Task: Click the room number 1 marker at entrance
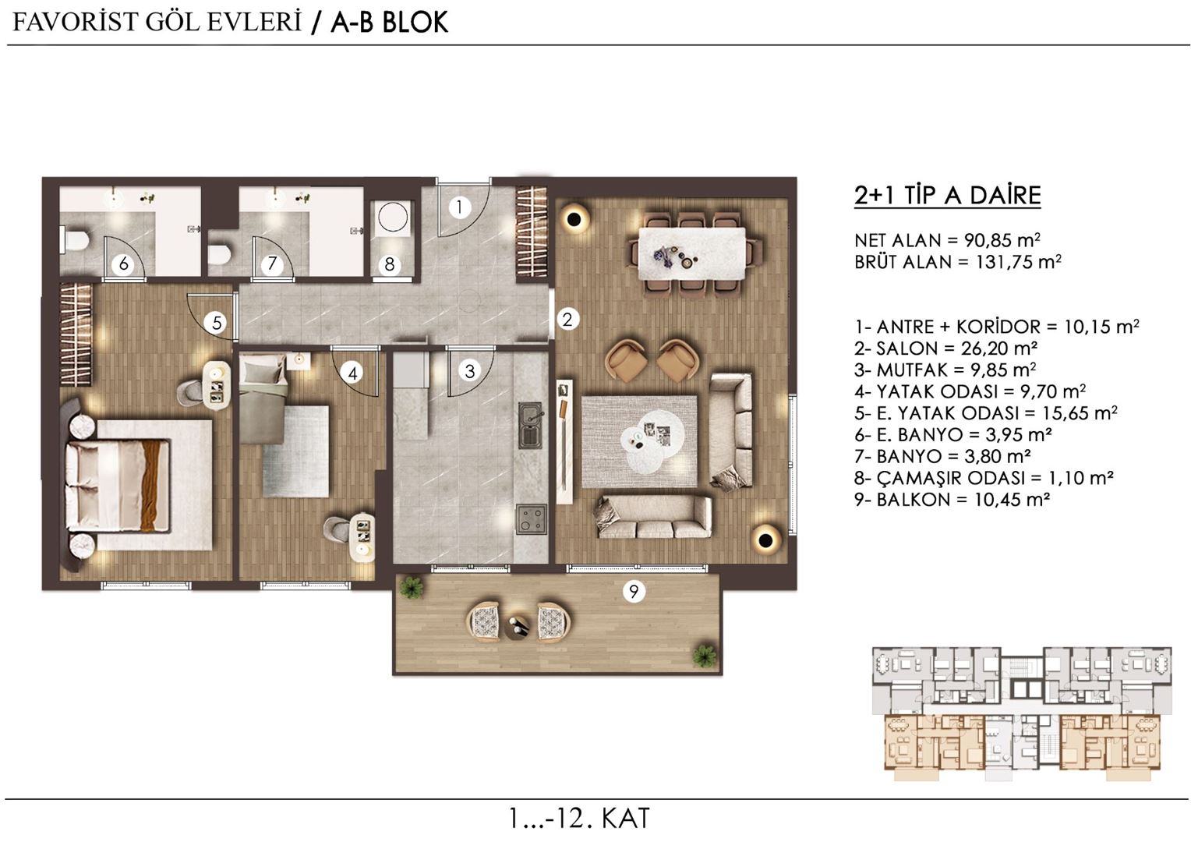tap(459, 207)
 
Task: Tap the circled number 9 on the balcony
tap(634, 592)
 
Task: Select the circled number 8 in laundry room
tap(391, 264)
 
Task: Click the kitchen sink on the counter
tap(531, 426)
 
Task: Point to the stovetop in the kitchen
tap(531, 519)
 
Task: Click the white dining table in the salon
tap(691, 253)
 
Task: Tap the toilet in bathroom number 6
tap(75, 239)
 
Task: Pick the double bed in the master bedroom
tap(125, 486)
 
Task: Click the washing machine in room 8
tap(393, 219)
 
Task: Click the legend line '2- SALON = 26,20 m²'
tap(945, 348)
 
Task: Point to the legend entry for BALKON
tap(951, 500)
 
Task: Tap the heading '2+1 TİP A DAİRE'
tap(947, 195)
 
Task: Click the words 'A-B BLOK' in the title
tap(389, 23)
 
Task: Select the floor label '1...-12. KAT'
tap(578, 819)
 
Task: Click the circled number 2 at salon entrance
tap(567, 319)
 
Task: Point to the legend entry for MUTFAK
tap(944, 370)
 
